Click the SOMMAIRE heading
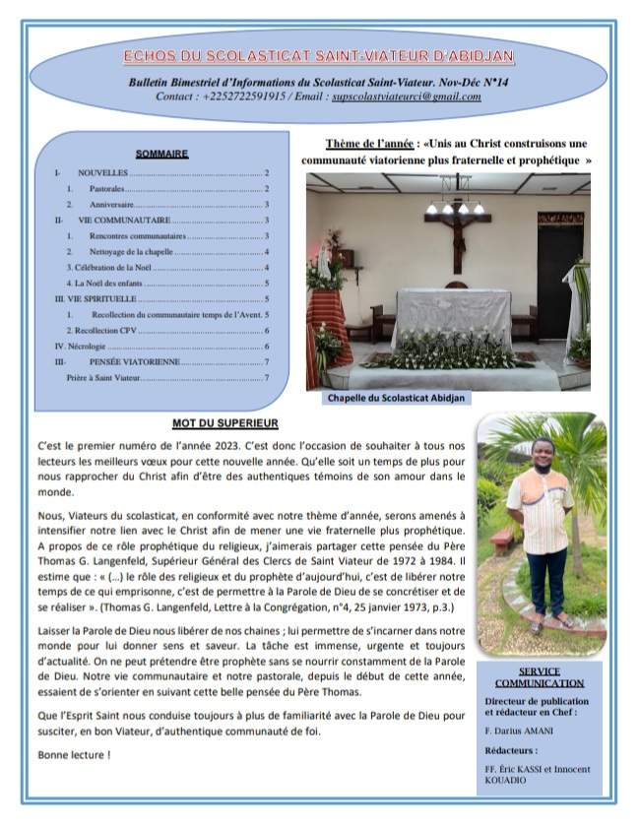[162, 154]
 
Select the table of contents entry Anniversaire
[111, 204]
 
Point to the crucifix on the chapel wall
[457, 235]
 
